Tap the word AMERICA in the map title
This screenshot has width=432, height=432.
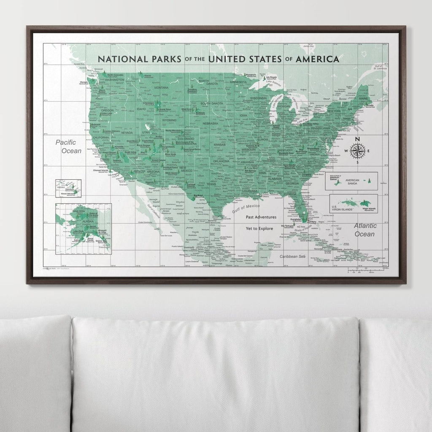click(317, 59)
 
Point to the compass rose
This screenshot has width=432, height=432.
click(357, 151)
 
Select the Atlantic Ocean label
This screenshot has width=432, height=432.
click(364, 230)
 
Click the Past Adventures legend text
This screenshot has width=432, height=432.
click(261, 217)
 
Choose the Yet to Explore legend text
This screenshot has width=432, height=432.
click(260, 228)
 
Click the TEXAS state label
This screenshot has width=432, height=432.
click(211, 184)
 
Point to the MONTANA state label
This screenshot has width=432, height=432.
click(161, 88)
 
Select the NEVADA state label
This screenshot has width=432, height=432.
click(127, 132)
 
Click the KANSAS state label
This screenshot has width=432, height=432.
click(220, 145)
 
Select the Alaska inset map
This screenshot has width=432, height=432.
click(84, 228)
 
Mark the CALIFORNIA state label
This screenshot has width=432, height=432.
click(101, 138)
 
